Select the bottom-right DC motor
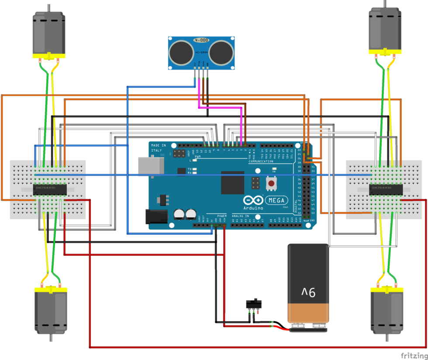pyautogui.click(x=387, y=313)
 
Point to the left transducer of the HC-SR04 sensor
pyautogui.click(x=180, y=52)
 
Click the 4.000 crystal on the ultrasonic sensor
pyautogui.click(x=202, y=40)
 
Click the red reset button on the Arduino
pyautogui.click(x=271, y=183)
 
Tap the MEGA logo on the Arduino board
pyautogui.click(x=277, y=200)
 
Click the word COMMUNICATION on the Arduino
pyautogui.click(x=261, y=161)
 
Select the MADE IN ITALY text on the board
pyautogui.click(x=158, y=147)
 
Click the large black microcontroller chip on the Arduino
pyautogui.click(x=232, y=182)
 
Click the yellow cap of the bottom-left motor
pyautogui.click(x=50, y=290)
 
